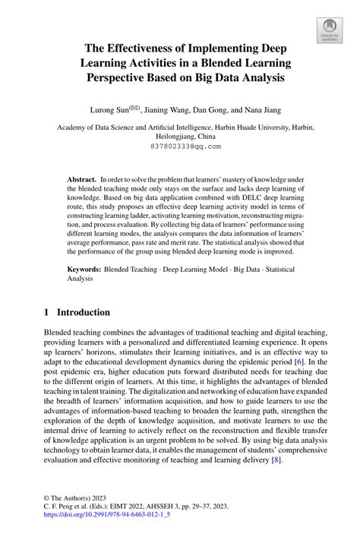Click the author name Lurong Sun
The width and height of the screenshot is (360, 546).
tap(109, 110)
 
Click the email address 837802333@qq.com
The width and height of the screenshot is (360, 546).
tap(180, 146)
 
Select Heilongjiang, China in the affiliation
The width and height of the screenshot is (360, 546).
tap(180, 137)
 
